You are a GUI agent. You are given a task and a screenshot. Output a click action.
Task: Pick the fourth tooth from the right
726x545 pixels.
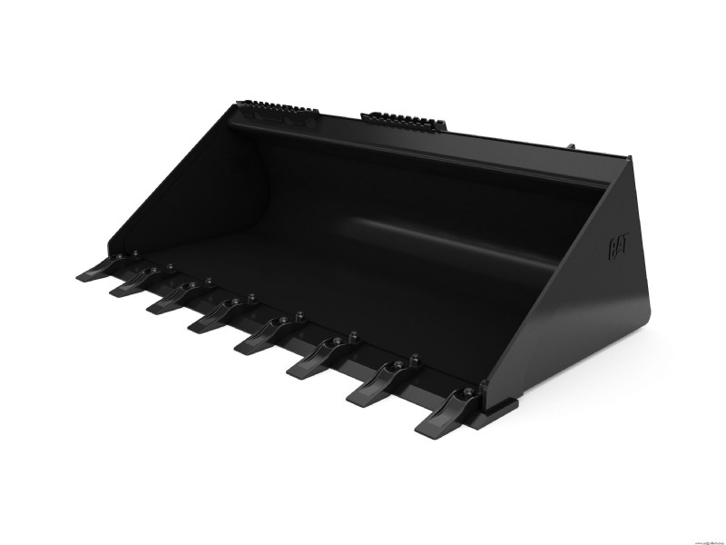tap(259, 342)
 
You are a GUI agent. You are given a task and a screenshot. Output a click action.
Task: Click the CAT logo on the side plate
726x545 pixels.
tap(618, 245)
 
